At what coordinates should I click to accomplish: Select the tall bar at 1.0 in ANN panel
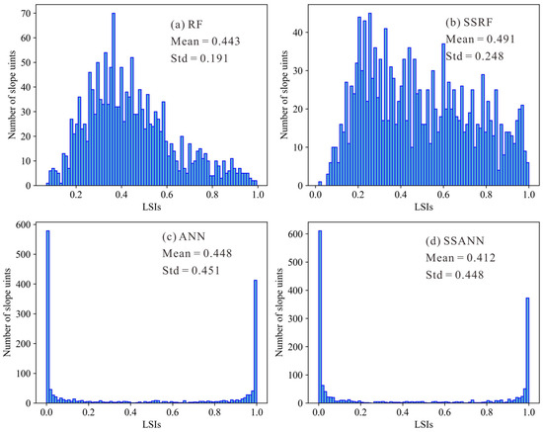[x=255, y=341]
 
